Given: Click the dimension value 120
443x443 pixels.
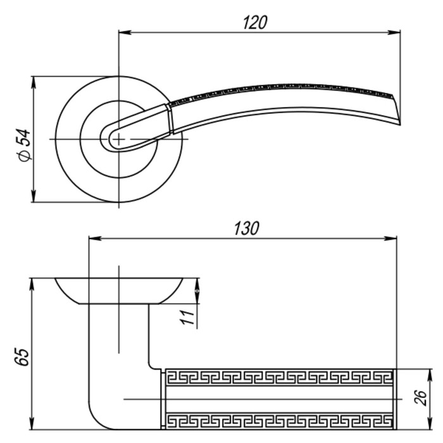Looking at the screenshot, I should pos(255,22).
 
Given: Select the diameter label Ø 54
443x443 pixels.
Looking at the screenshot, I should pos(24,145).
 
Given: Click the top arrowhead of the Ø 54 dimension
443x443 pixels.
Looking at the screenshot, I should pos(33,81).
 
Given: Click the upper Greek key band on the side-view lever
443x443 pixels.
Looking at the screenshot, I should pos(279,378).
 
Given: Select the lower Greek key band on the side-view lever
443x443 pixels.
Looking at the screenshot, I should pos(279,420).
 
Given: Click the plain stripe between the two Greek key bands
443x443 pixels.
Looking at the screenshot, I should pos(279,399).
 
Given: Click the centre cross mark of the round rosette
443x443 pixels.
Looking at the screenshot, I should pos(118,139).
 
